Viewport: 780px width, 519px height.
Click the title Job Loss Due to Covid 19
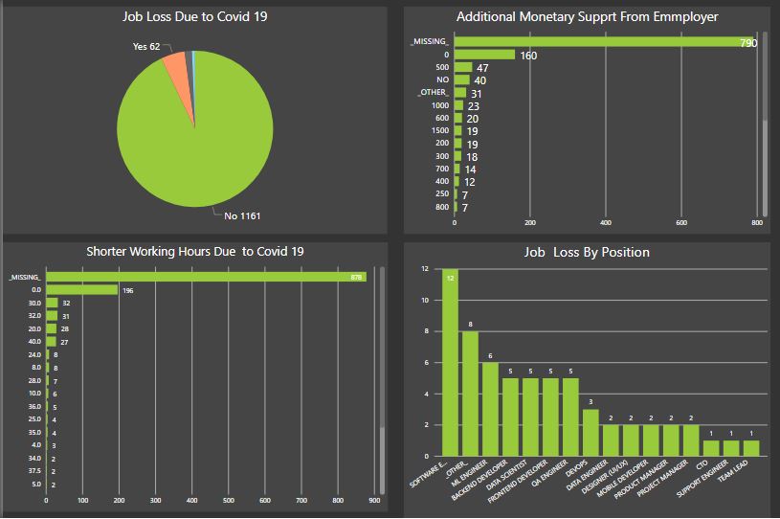pyautogui.click(x=194, y=17)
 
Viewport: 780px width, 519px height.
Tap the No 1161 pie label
pyautogui.click(x=244, y=215)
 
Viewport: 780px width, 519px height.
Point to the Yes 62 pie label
pyautogui.click(x=146, y=46)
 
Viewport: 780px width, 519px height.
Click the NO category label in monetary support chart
pyautogui.click(x=442, y=79)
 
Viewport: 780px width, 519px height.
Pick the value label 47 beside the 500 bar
pyautogui.click(x=482, y=68)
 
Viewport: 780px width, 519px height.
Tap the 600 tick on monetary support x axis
pyautogui.click(x=680, y=222)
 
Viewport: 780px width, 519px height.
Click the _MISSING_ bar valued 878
pyautogui.click(x=206, y=277)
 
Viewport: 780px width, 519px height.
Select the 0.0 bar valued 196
pyautogui.click(x=81, y=289)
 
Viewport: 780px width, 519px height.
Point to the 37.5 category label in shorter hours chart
pyautogui.click(x=33, y=472)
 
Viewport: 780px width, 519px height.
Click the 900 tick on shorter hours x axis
pyautogui.click(x=374, y=500)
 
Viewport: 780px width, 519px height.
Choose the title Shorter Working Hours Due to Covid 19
pyautogui.click(x=195, y=251)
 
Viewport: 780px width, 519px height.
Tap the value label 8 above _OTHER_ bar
pyautogui.click(x=470, y=324)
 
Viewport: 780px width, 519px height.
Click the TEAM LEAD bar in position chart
pyautogui.click(x=751, y=447)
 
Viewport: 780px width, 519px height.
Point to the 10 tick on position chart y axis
pyautogui.click(x=426, y=301)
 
